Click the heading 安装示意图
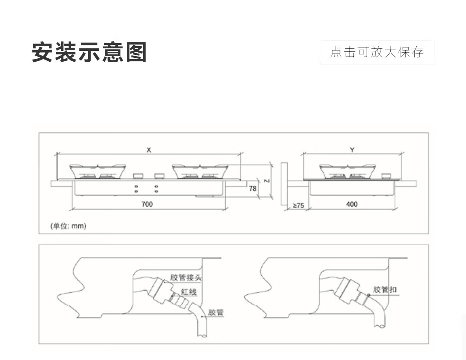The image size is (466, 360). pos(89,53)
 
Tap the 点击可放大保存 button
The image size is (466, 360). pos(377,52)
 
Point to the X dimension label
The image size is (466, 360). pos(149,150)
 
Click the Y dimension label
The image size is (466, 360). pos(352,150)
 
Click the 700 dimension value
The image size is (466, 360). pos(147,204)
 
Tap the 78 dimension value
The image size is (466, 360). pos(253,188)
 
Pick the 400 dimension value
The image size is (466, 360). pos(352,204)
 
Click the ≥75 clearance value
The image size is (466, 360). pos(299,205)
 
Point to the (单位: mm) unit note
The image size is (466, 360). pos(69,226)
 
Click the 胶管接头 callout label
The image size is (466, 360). pos(186,277)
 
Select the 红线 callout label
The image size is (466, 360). pos(189,292)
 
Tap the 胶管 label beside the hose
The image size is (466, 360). pos(216,312)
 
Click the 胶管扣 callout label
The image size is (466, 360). pos(385,289)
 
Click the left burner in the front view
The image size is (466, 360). pos(98,171)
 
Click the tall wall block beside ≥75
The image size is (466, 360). pos(283,183)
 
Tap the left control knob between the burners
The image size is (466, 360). pos(138,176)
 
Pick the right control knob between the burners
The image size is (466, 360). pos(158,176)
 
